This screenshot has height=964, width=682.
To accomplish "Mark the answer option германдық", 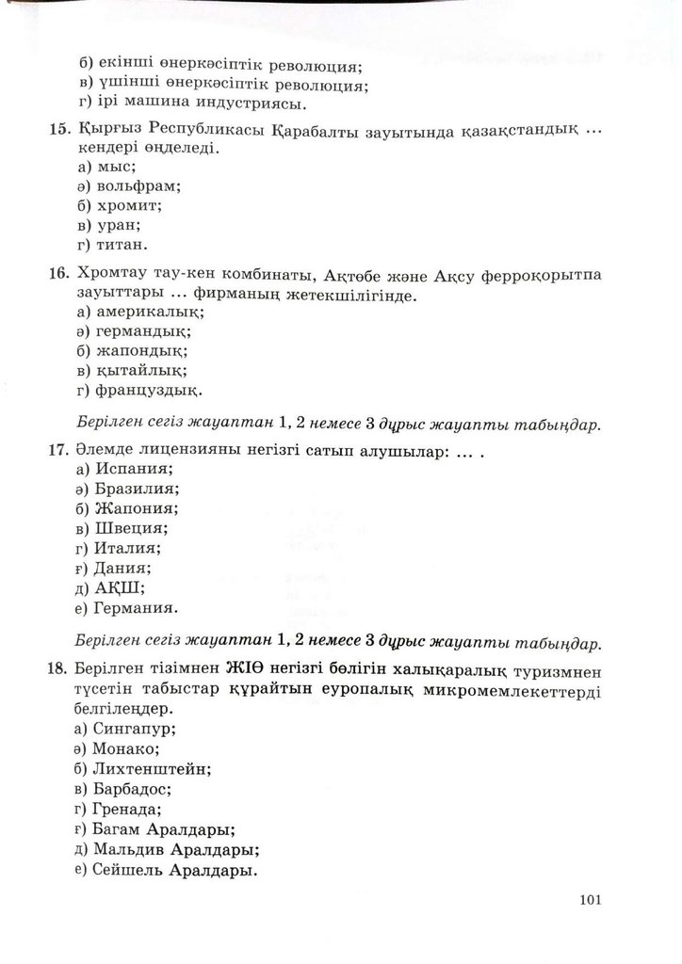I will point(142,330).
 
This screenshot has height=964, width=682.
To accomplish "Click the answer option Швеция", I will point(130,527).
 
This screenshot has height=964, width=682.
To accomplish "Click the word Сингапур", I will point(135,729).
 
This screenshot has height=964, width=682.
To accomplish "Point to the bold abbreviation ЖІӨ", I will point(249,670).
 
